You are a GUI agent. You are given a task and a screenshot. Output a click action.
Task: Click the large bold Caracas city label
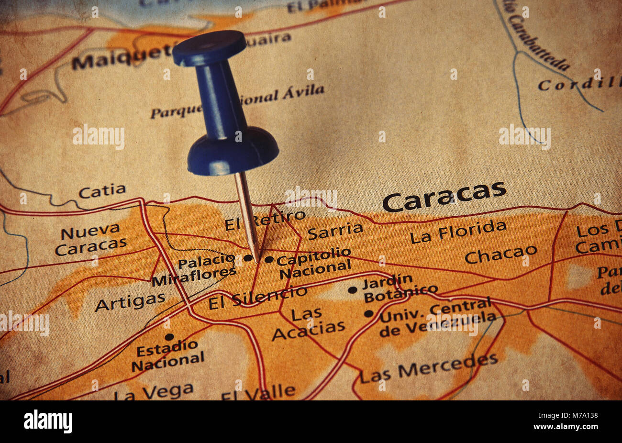[x=444, y=196]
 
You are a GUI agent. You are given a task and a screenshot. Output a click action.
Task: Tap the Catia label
[x=102, y=191]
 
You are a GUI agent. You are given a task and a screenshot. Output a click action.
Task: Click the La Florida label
[x=458, y=232]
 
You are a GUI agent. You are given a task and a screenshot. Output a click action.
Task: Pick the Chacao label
[x=501, y=255]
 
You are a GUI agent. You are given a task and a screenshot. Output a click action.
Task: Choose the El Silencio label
[x=257, y=297]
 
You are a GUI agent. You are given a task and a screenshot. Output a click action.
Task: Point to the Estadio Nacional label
[x=167, y=355]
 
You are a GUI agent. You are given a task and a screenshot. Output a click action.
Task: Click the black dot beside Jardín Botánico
[x=352, y=290]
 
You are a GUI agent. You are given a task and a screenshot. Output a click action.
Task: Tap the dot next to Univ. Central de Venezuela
[x=368, y=314]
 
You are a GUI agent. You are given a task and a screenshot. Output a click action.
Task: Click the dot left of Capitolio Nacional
[x=269, y=259]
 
